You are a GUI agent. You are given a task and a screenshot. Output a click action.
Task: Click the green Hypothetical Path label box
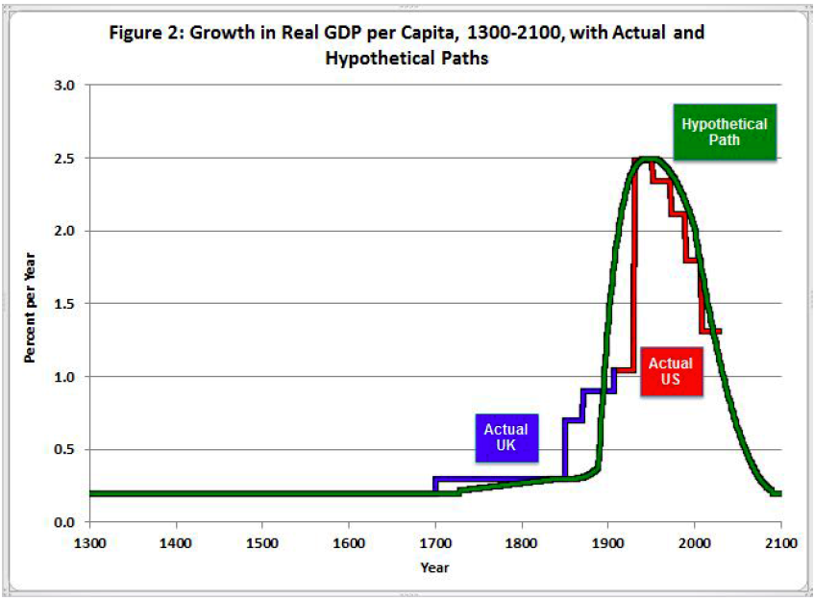pos(724,132)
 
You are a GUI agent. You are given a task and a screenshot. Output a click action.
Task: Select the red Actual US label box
pos(670,370)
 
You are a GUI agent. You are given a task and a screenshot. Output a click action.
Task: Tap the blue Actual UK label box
pos(506,438)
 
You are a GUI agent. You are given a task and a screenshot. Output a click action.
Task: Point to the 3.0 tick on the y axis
pos(64,86)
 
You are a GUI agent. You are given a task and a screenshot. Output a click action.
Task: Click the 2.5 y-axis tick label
pos(64,158)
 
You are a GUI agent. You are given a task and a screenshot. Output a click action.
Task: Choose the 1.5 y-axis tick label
pos(64,304)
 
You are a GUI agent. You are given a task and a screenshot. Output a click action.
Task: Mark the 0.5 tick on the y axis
pos(64,450)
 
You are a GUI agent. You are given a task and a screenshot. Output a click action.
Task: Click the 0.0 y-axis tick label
pos(64,522)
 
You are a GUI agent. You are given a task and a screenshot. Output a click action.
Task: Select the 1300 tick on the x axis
pos(89,541)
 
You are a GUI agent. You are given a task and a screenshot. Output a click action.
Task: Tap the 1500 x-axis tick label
pos(262,541)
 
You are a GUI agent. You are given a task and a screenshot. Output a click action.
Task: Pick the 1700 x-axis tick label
pos(435,541)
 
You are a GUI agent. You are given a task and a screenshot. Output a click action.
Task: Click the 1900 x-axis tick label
pos(607,541)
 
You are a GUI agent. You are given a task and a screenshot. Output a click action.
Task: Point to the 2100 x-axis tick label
pos(780,541)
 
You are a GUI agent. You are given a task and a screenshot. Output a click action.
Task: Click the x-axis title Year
pos(434,567)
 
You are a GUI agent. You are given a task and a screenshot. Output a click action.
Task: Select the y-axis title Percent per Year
pos(31,304)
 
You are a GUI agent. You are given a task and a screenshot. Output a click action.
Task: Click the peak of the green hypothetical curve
pos(651,159)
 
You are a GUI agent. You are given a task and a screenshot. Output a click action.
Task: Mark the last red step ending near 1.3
pos(711,331)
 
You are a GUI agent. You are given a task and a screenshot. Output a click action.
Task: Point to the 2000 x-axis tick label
pos(694,541)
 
